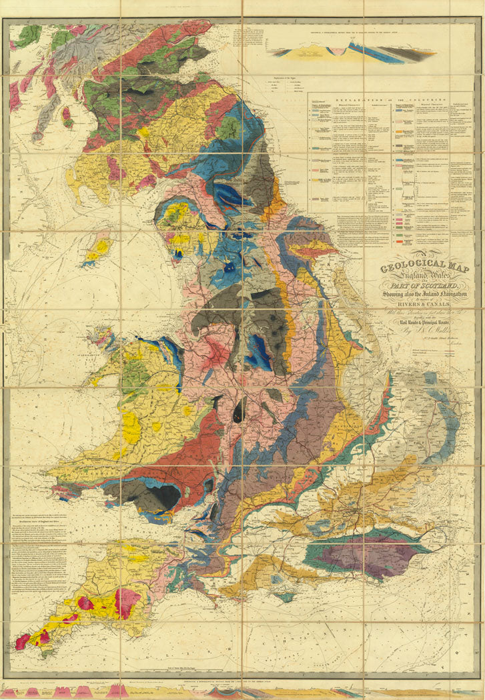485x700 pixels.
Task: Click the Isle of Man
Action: (97, 249)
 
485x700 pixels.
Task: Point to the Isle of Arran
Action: (67, 115)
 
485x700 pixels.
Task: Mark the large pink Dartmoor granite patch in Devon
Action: (127, 602)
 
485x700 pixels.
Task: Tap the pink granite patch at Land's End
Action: (22, 642)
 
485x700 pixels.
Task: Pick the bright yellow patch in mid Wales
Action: (131, 427)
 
